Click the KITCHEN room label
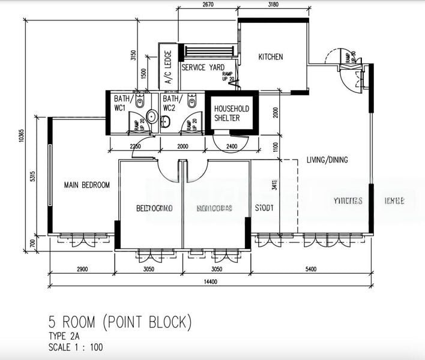click(270, 57)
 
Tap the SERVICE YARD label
click(203, 67)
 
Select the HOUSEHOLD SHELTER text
click(232, 113)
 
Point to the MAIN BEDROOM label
click(87, 185)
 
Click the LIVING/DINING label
click(327, 160)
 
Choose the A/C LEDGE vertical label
click(167, 66)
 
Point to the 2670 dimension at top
click(208, 5)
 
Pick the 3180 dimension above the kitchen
click(273, 5)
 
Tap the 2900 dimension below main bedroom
click(82, 269)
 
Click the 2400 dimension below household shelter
click(232, 146)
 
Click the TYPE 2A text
click(64, 336)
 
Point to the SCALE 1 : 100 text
click(76, 347)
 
